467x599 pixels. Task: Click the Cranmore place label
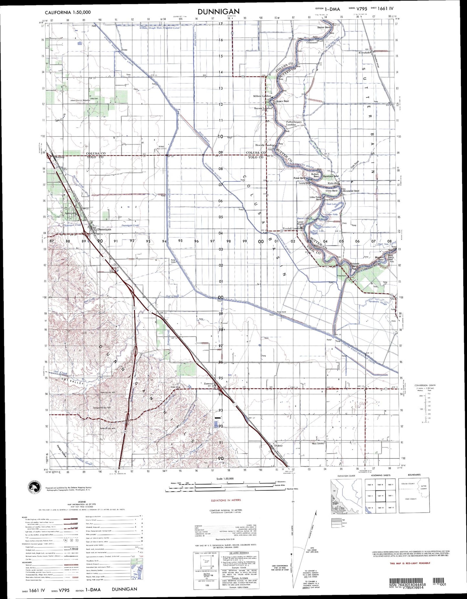coord(312,42)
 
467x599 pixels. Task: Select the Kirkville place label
coord(333,183)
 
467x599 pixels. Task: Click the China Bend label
coord(331,191)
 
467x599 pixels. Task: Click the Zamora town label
coord(208,383)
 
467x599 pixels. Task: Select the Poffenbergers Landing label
coord(293,123)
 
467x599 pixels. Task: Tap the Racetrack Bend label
coord(331,176)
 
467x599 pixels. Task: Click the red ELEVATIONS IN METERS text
coord(226,500)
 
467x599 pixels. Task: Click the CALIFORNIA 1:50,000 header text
coord(68,12)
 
